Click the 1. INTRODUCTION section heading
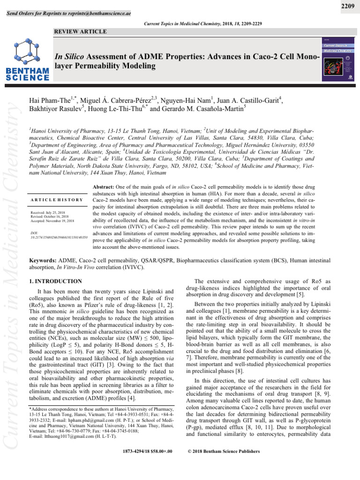(56, 281)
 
